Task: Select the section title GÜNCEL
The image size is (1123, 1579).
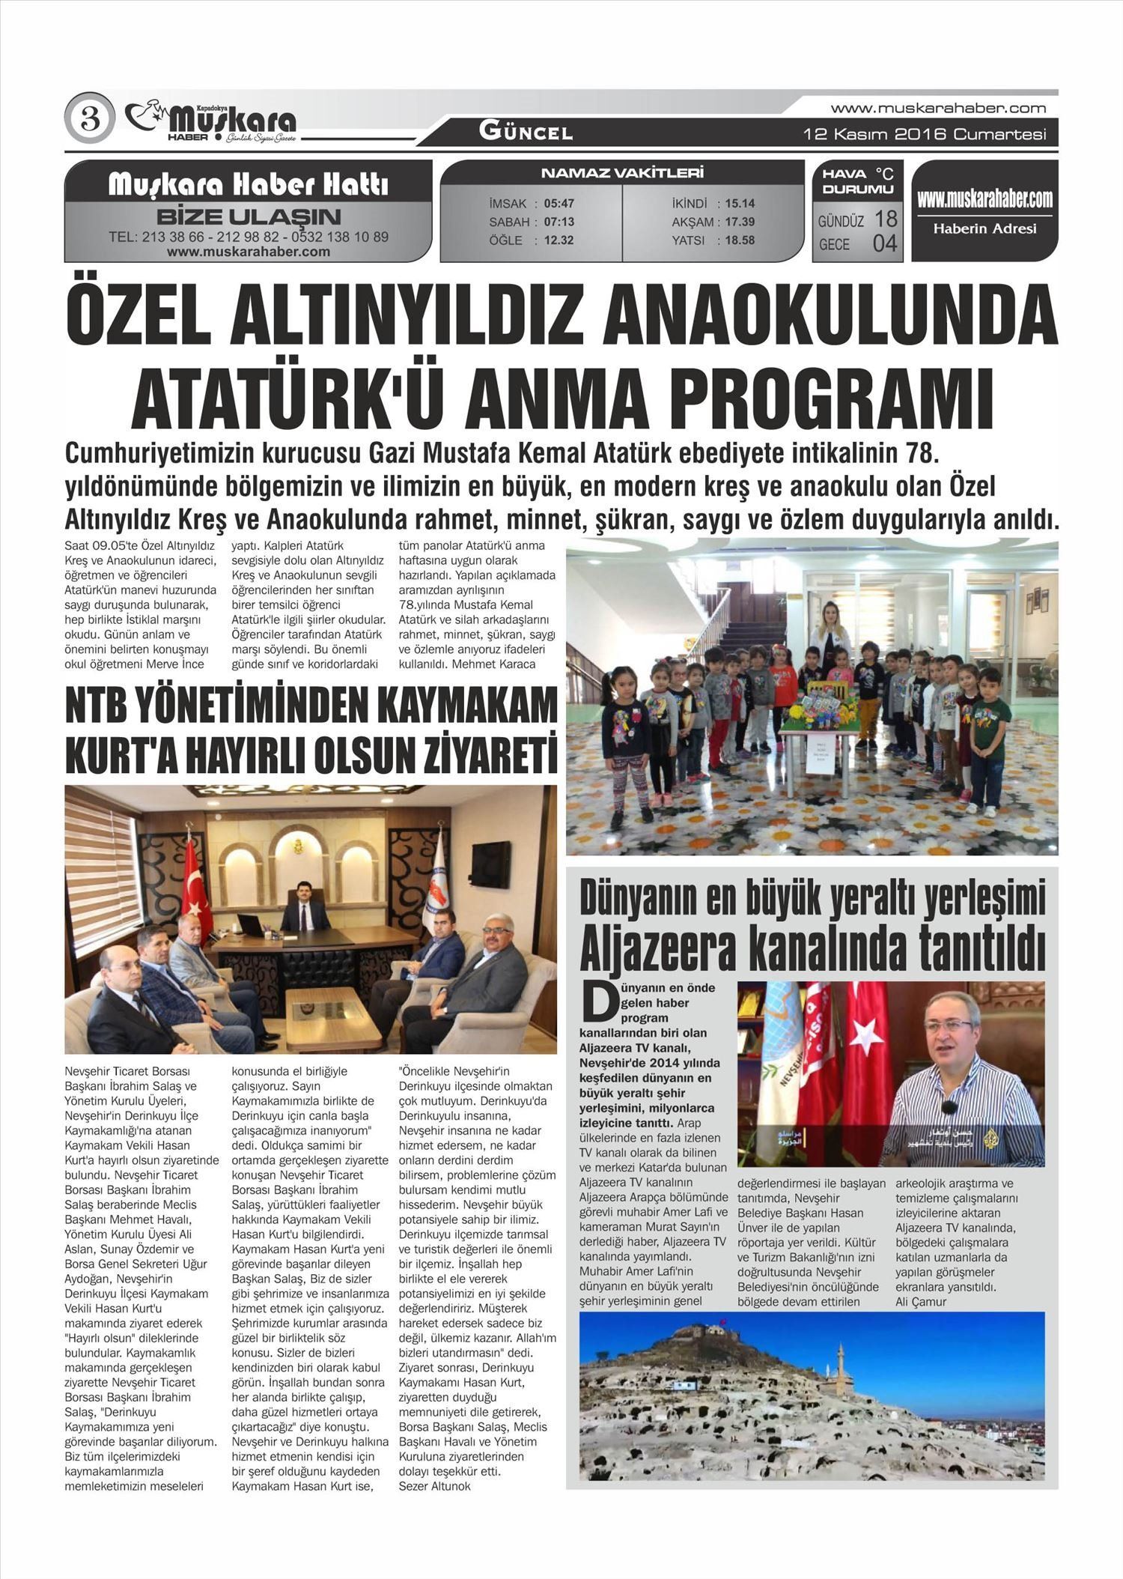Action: pos(526,133)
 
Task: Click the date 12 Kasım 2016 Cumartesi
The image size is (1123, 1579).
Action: pos(924,135)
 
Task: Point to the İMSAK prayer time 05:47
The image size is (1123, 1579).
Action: pos(559,204)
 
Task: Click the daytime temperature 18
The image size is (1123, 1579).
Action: pos(886,219)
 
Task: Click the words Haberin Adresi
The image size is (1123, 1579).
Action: pos(984,229)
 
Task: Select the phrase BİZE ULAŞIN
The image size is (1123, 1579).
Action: pos(248,217)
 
